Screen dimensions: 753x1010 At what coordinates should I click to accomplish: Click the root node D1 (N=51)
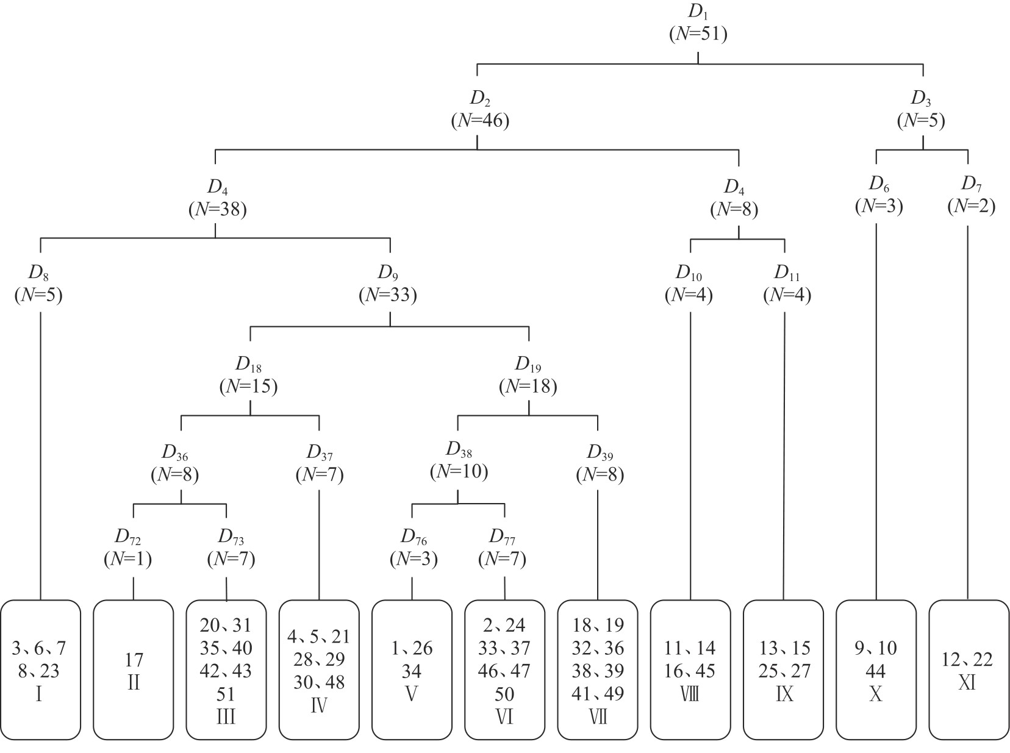[x=698, y=24]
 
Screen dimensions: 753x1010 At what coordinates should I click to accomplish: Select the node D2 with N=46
[x=479, y=110]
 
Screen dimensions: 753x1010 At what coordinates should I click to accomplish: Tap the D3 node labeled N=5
[x=921, y=110]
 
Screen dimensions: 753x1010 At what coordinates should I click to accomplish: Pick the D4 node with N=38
[x=217, y=199]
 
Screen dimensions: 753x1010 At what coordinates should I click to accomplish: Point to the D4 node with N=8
[x=734, y=199]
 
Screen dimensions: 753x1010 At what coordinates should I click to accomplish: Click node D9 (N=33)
[x=388, y=284]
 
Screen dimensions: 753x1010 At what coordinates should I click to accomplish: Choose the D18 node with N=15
[x=248, y=376]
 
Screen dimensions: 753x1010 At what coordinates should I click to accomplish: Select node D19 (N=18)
[x=528, y=376]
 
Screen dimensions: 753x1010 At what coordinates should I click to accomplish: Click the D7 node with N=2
[x=971, y=196]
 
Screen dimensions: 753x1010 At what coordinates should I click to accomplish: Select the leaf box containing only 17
[x=134, y=670]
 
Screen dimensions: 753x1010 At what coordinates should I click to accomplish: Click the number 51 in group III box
[x=226, y=694]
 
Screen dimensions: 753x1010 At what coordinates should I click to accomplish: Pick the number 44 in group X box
[x=876, y=671]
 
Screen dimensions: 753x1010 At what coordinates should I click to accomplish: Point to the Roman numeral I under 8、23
[x=40, y=694]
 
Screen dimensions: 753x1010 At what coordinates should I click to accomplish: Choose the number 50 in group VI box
[x=504, y=694]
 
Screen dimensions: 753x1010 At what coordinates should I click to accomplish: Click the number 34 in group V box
[x=411, y=671]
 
